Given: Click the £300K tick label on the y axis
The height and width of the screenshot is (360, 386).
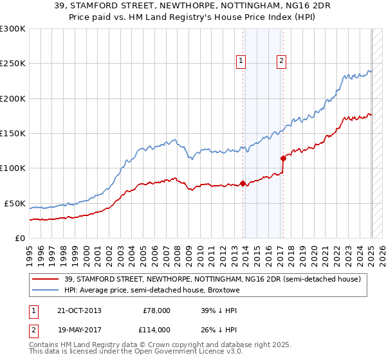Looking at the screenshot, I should click(13, 29).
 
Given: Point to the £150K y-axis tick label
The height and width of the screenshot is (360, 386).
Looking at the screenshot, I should click(13, 134).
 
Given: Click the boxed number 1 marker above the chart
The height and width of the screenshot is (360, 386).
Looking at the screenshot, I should click(241, 62).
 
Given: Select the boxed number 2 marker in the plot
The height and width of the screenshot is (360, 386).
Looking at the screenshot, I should click(282, 62).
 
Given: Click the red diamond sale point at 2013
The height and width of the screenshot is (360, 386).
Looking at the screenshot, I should click(243, 183).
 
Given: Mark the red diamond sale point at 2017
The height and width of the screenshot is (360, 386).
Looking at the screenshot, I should click(282, 158).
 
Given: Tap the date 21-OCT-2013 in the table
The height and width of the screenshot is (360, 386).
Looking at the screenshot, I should click(79, 310).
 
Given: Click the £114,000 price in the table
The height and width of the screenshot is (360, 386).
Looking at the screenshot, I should click(156, 329).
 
